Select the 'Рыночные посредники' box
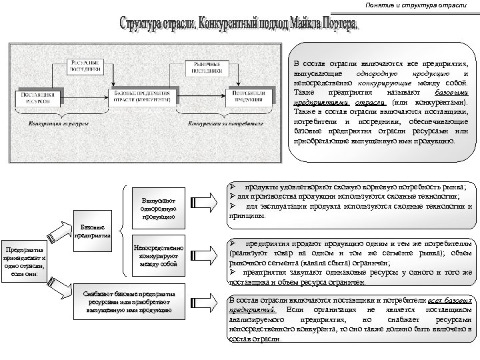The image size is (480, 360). point(207,65)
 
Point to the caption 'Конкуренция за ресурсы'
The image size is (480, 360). point(55,124)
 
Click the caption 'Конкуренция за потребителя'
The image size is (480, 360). point(224,124)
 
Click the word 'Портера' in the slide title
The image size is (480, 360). point(331,25)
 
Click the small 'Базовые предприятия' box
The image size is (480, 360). point(95,229)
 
